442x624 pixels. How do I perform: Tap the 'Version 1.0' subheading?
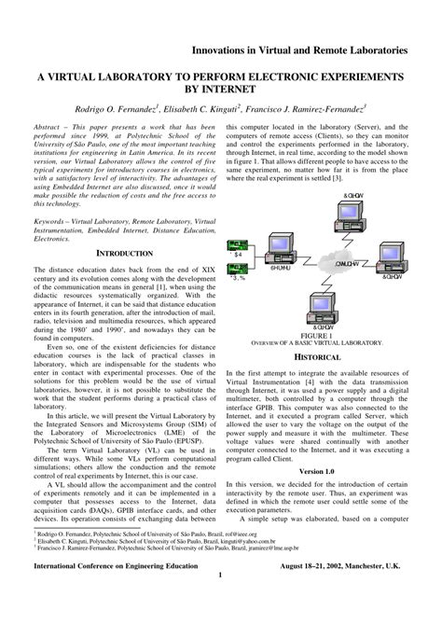coord(323,470)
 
